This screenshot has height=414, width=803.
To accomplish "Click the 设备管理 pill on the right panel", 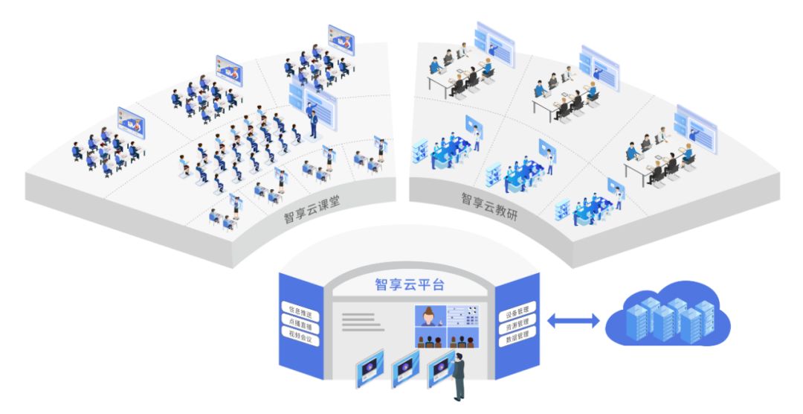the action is coord(517,312).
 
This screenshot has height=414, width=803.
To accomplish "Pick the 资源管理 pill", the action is coord(517,324).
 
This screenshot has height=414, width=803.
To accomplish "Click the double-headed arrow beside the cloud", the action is coord(573,321).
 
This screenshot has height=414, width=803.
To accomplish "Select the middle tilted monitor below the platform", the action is coord(406,369).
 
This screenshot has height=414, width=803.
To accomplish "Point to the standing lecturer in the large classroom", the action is coord(312,123).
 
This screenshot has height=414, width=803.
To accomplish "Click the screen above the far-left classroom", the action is coord(131,123).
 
